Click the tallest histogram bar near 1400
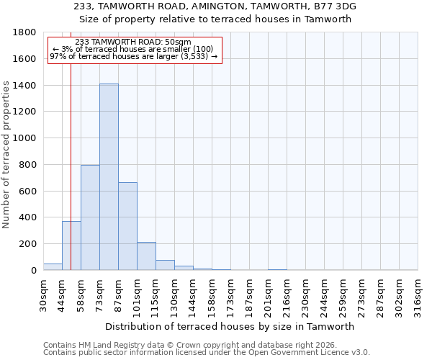109,176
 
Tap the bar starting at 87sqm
127,226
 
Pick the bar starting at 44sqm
71,246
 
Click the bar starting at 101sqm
146,256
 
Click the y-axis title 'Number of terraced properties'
6,154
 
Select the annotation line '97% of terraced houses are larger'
133,56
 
